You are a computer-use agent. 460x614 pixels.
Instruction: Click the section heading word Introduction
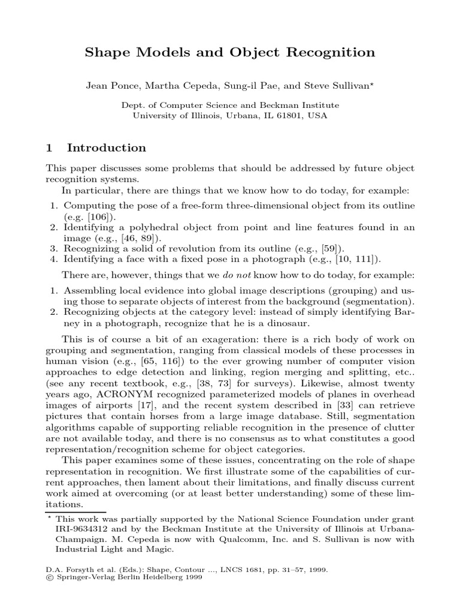107,148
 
